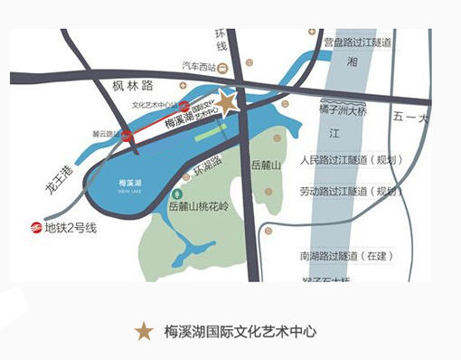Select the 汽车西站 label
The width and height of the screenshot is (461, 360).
tap(199, 67)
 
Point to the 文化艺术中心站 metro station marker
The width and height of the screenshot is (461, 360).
tap(183, 106)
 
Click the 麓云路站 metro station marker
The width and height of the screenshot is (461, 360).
tap(127, 135)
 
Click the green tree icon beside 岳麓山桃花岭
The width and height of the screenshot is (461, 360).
tap(177, 194)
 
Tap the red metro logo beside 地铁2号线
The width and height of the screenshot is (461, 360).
tap(36, 227)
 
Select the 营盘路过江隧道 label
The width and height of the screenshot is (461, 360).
tap(358, 43)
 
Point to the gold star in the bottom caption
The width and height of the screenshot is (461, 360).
tap(144, 331)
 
